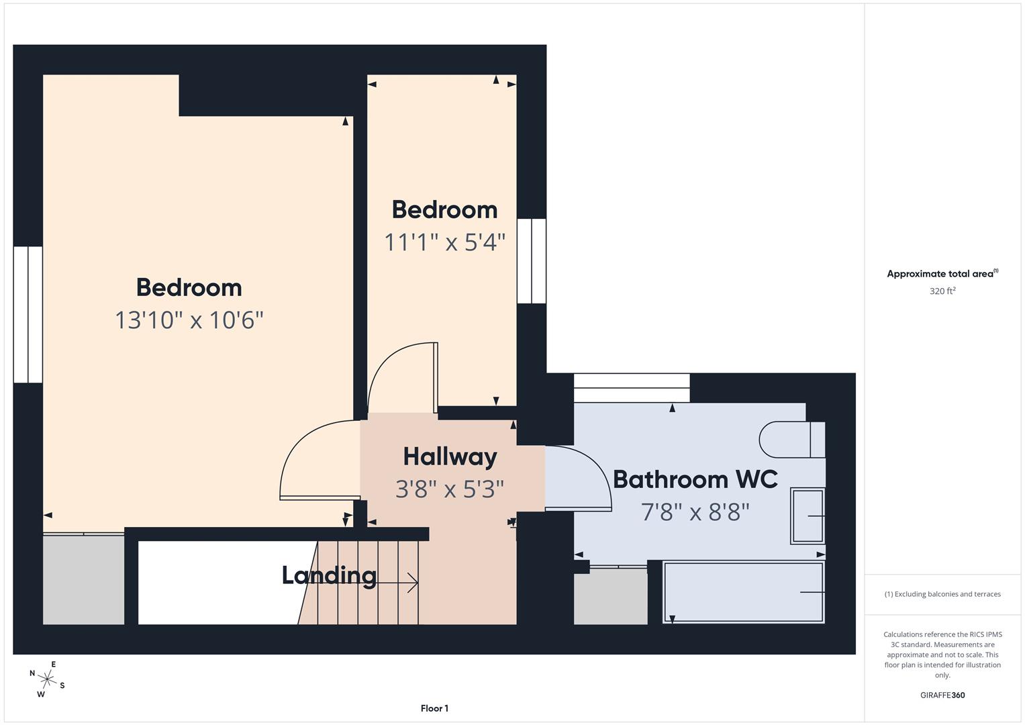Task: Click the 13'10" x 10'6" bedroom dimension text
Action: pos(189,320)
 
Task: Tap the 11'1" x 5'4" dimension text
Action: pos(444,242)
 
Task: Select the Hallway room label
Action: pos(450,457)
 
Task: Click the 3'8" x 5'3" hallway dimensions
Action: pos(450,489)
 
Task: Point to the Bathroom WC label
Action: pos(695,479)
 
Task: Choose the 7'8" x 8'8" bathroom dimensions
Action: pos(695,513)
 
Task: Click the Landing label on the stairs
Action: pos(329,575)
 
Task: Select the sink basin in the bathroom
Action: pos(808,516)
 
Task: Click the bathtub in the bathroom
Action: pos(743,592)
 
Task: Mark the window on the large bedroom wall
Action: pos(28,314)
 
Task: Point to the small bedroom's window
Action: pos(532,260)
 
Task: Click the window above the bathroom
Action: pos(632,388)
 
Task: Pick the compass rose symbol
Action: pos(47,680)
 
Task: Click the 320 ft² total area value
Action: pos(942,291)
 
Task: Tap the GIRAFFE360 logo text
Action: pos(942,695)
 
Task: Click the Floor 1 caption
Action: pos(434,708)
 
